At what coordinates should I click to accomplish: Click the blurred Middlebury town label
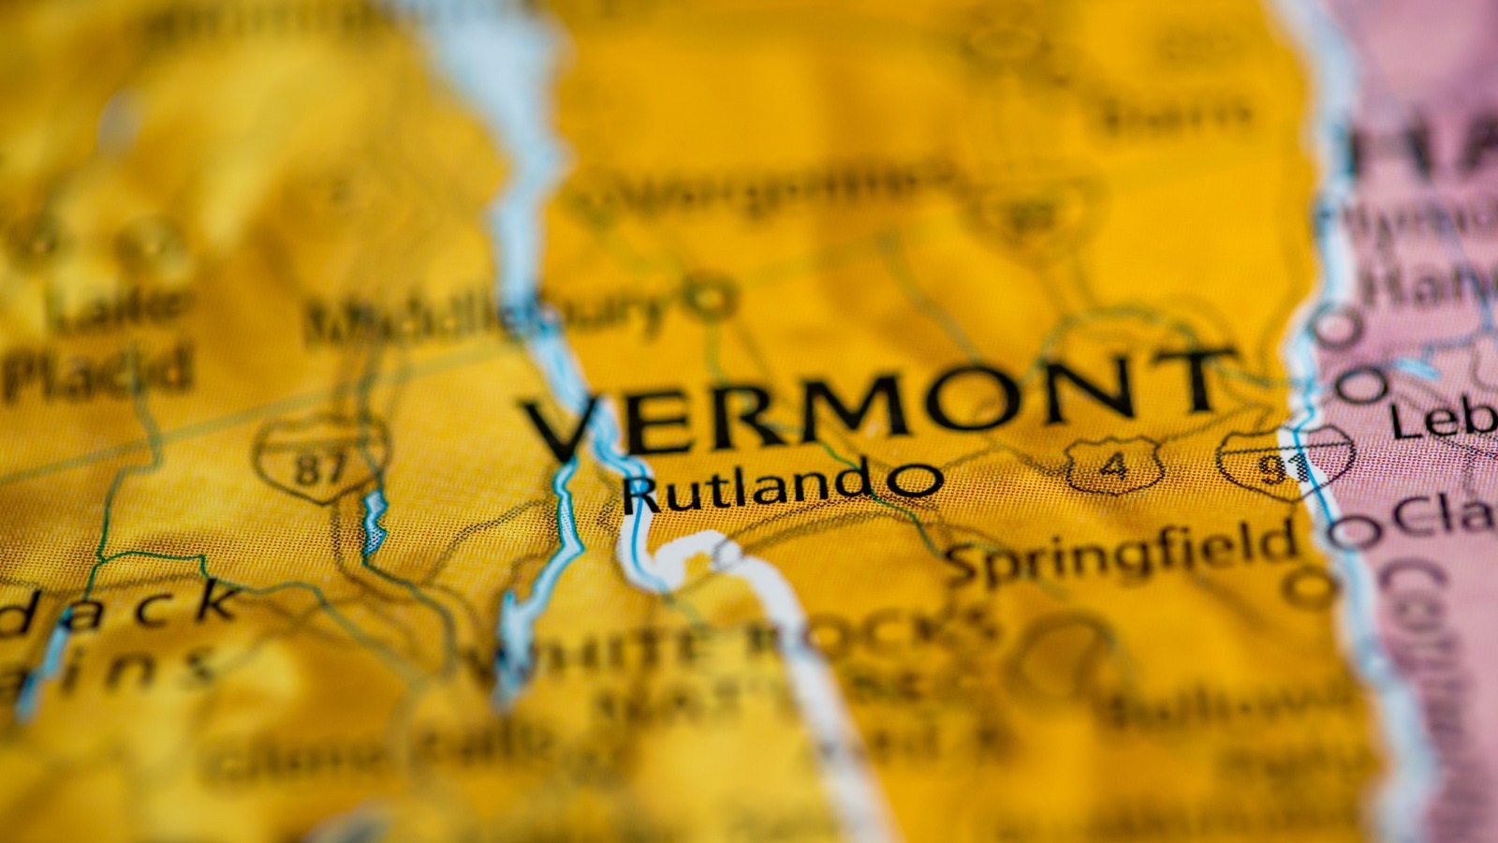(x=487, y=317)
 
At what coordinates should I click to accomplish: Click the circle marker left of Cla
(x=1356, y=532)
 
